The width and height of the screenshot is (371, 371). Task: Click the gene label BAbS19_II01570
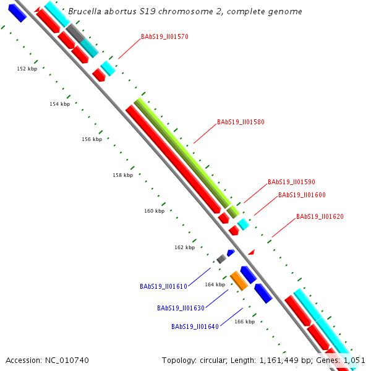[x=164, y=36]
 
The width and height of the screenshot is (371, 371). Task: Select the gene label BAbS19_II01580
[x=241, y=122]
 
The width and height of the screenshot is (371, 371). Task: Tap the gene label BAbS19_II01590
[x=291, y=182]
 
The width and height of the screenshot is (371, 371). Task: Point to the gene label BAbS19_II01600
[x=302, y=195]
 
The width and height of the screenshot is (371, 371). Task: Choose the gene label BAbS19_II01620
[x=320, y=216]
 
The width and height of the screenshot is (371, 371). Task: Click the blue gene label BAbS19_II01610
[x=163, y=286]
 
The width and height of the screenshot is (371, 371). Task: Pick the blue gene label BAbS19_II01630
[x=181, y=307]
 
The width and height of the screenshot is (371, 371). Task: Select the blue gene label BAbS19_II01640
[x=195, y=326]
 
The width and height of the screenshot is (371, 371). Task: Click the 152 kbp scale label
[x=27, y=69]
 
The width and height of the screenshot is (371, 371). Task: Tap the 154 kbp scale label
[x=60, y=104]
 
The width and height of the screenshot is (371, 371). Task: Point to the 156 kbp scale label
[x=92, y=139]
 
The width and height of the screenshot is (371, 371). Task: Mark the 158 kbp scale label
[x=122, y=175]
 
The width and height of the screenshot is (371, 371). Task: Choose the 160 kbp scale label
[x=154, y=211]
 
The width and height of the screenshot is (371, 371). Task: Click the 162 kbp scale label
[x=184, y=247]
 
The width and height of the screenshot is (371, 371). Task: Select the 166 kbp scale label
[x=245, y=322]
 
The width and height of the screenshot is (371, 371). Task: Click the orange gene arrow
[x=239, y=281]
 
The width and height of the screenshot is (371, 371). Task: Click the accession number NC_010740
[x=64, y=359]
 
